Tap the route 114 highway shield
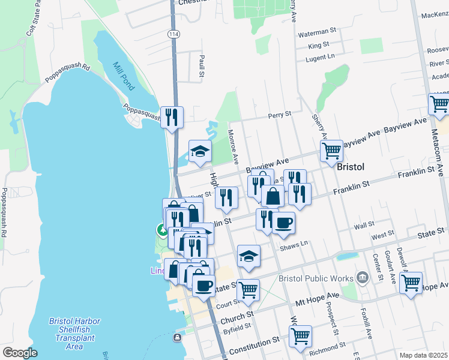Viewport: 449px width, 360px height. tap(173, 35)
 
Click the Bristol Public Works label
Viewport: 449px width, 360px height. tap(316, 279)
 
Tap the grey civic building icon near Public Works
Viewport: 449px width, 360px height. tap(362, 277)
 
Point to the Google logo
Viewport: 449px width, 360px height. tap(20, 353)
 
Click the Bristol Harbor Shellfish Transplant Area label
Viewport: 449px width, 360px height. tap(74, 334)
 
